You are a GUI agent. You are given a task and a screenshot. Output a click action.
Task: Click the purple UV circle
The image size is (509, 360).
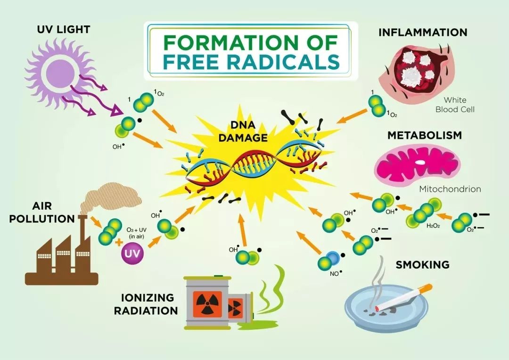point(132,252)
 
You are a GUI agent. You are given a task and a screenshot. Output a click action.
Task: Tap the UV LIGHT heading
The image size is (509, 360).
point(63,30)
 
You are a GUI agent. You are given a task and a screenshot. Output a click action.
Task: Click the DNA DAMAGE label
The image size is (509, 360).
point(243,131)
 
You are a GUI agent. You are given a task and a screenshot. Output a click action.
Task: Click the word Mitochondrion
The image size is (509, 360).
point(450,189)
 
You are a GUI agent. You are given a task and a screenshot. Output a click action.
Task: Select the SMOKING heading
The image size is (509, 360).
point(423,264)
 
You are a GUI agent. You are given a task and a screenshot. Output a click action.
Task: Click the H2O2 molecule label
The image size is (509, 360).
point(433,226)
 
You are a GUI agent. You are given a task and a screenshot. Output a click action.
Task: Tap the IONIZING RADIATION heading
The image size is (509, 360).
point(146,304)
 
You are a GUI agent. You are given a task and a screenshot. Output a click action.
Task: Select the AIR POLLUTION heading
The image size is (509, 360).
point(42,213)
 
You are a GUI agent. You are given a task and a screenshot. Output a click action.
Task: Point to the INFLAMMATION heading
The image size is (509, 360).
point(423,32)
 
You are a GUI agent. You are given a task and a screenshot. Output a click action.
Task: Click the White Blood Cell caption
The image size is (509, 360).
point(455,105)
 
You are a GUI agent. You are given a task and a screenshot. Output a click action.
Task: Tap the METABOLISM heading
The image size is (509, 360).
point(425,135)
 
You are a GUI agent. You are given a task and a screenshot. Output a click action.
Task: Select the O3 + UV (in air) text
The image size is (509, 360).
point(136,233)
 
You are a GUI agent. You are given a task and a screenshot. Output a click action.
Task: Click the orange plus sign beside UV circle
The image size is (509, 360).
point(119,242)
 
